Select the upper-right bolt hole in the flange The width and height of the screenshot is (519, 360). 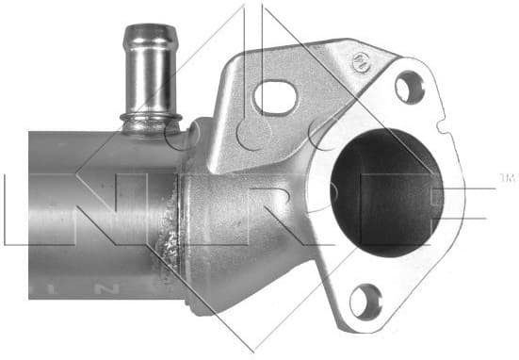click(x=408, y=88)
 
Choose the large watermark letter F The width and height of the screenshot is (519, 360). click(x=443, y=203)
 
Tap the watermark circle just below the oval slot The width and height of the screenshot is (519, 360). click(x=252, y=132)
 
